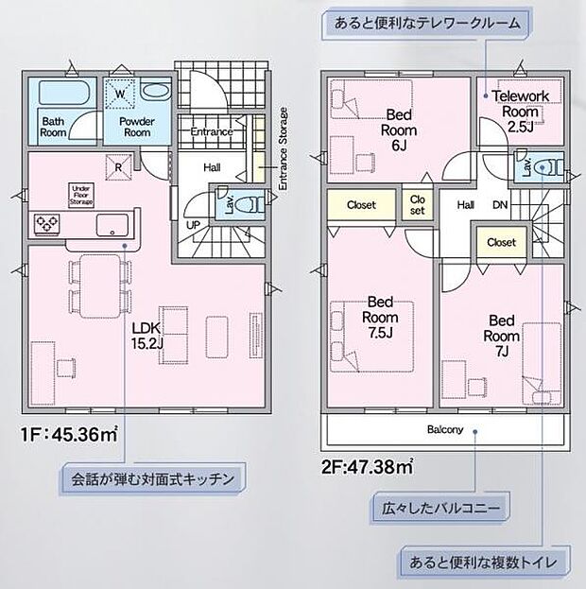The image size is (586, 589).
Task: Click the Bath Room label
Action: click(53, 127)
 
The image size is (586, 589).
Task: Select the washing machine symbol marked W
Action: click(120, 94)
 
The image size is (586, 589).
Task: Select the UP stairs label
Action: click(192, 225)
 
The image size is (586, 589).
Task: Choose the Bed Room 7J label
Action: click(501, 335)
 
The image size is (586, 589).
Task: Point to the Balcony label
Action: click(444, 430)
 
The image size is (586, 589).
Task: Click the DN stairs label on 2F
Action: click(500, 205)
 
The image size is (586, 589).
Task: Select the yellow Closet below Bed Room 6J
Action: click(361, 205)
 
